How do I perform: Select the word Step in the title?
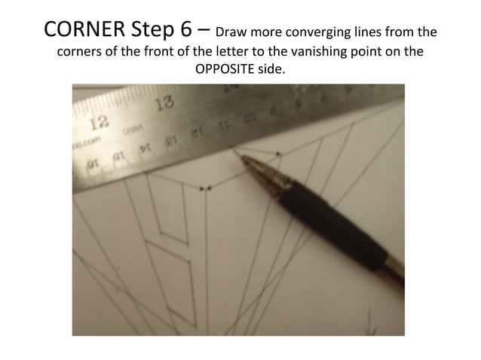pos(150,32)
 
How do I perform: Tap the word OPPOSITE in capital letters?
pos(226,69)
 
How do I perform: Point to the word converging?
pos(314,34)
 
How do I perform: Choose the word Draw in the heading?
pos(233,33)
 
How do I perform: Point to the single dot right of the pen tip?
pos(278,154)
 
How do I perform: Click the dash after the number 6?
pos(204,32)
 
